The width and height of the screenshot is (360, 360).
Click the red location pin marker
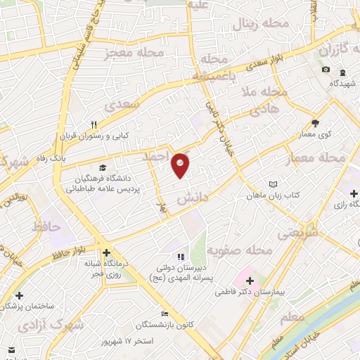181,165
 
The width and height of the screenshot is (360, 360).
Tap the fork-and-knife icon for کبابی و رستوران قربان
103,123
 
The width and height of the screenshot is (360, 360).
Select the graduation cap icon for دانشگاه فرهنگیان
103,168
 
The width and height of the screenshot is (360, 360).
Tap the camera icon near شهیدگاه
326,70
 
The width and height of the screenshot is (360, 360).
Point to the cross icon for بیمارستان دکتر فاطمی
250,281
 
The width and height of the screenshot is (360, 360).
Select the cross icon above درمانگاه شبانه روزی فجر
105,253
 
